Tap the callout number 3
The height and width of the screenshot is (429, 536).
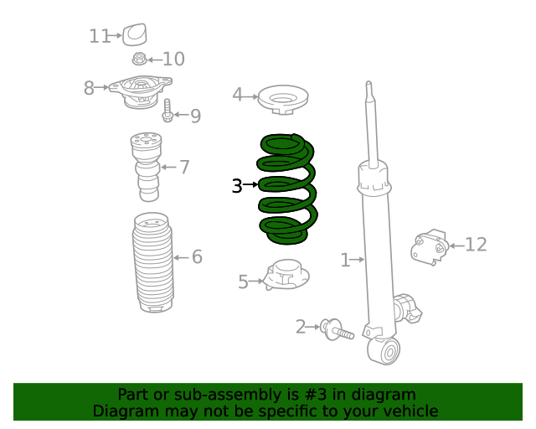tap(237, 186)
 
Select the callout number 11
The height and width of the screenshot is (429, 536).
tap(100, 36)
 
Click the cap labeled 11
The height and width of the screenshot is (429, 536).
tap(135, 34)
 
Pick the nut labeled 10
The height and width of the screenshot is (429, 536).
tap(139, 59)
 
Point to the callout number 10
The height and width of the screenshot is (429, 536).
tap(173, 59)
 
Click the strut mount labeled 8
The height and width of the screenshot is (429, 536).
tap(140, 91)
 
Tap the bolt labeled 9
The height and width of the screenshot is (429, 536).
tap(167, 111)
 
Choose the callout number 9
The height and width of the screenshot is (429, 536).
tap(195, 116)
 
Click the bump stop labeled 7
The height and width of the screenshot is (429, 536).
tap(146, 167)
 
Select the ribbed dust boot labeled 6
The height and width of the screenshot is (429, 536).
tap(152, 262)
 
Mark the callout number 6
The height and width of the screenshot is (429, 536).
tap(198, 257)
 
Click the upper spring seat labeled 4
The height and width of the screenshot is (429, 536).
tap(283, 100)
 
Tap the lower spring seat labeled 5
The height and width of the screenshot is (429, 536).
tap(286, 275)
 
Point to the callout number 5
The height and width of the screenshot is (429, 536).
tap(243, 282)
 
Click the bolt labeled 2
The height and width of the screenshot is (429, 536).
tap(336, 330)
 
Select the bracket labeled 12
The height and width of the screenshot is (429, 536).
tap(430, 247)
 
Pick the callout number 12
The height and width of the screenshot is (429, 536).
tap(477, 245)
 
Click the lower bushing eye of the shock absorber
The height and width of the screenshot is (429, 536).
tap(384, 350)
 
